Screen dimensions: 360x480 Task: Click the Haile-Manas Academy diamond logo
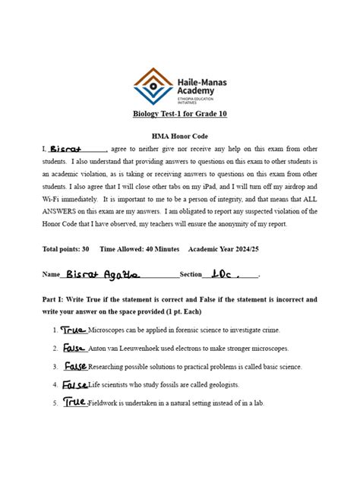[x=153, y=85]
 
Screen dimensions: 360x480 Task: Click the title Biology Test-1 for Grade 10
[x=180, y=114]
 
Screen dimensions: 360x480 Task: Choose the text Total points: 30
[x=66, y=249]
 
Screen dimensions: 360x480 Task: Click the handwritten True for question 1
[x=74, y=330]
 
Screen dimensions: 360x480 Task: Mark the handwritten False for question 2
[x=74, y=348]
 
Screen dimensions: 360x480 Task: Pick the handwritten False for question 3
[x=75, y=366]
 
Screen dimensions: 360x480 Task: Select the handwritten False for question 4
[x=75, y=384]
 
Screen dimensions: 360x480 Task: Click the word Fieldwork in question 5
[x=104, y=403]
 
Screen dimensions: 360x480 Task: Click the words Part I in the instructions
[x=54, y=300]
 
